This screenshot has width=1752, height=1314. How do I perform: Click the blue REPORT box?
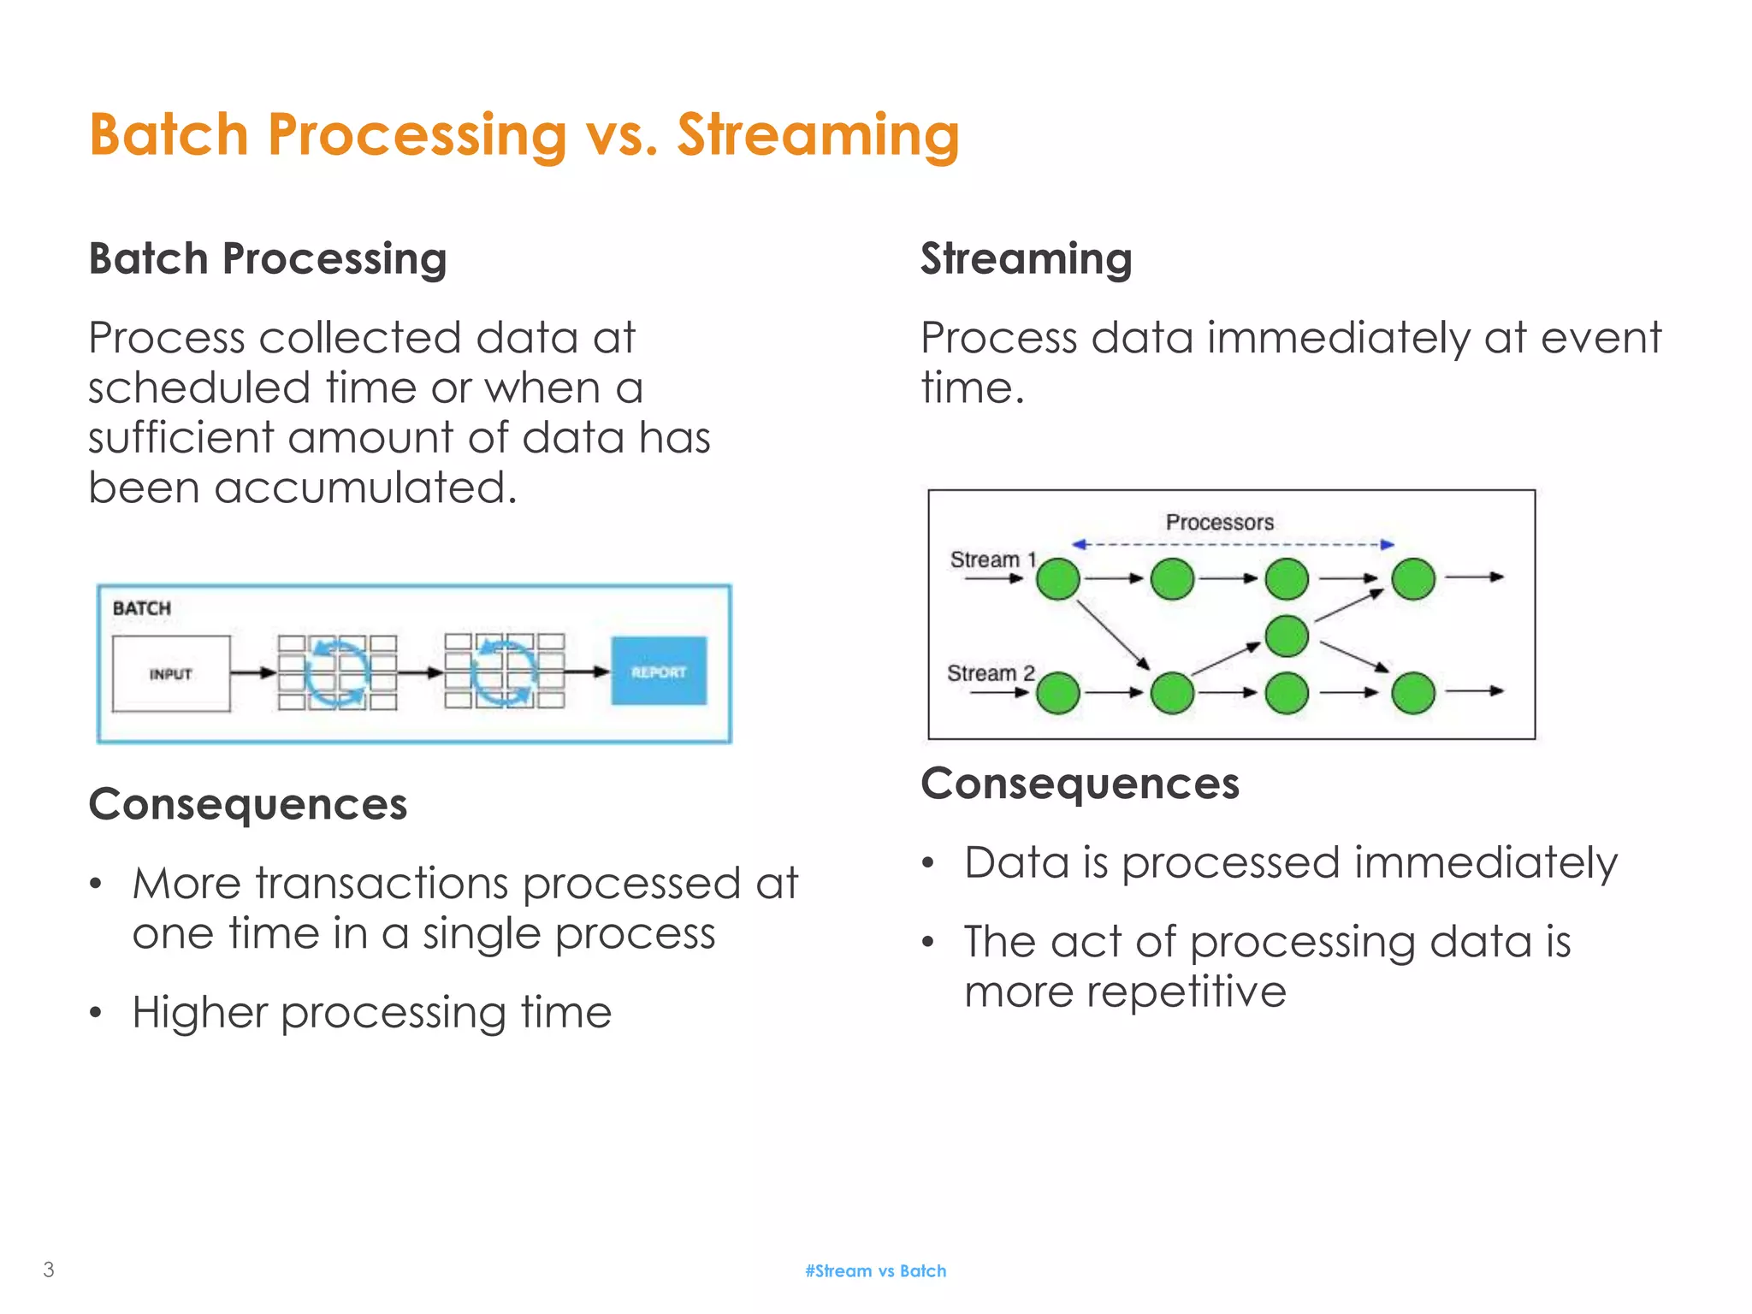coord(659,672)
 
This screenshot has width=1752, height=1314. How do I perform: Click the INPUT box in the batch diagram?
coord(171,673)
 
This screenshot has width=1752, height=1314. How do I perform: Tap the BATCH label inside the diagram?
coord(142,608)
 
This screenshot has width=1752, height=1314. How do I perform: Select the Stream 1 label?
coord(992,559)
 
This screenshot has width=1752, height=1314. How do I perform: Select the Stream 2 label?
coord(990,673)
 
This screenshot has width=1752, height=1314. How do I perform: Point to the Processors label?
coord(1219,522)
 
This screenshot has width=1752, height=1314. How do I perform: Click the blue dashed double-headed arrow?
coord(1232,544)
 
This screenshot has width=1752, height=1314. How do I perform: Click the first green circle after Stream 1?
coord(1058,579)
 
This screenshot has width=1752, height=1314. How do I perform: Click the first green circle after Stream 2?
coord(1058,693)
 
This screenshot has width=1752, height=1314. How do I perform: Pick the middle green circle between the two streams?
coord(1287,636)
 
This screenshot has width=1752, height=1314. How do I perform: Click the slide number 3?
coord(49,1270)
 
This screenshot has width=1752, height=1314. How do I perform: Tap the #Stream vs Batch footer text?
coord(875,1271)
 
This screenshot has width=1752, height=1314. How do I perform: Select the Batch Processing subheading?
coord(268,258)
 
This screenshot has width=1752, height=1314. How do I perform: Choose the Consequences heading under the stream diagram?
coord(1080,784)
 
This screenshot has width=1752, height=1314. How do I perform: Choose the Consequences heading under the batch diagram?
coord(248,804)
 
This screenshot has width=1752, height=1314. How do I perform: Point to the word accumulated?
coord(365,488)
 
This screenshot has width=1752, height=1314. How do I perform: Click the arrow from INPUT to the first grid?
coord(253,673)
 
